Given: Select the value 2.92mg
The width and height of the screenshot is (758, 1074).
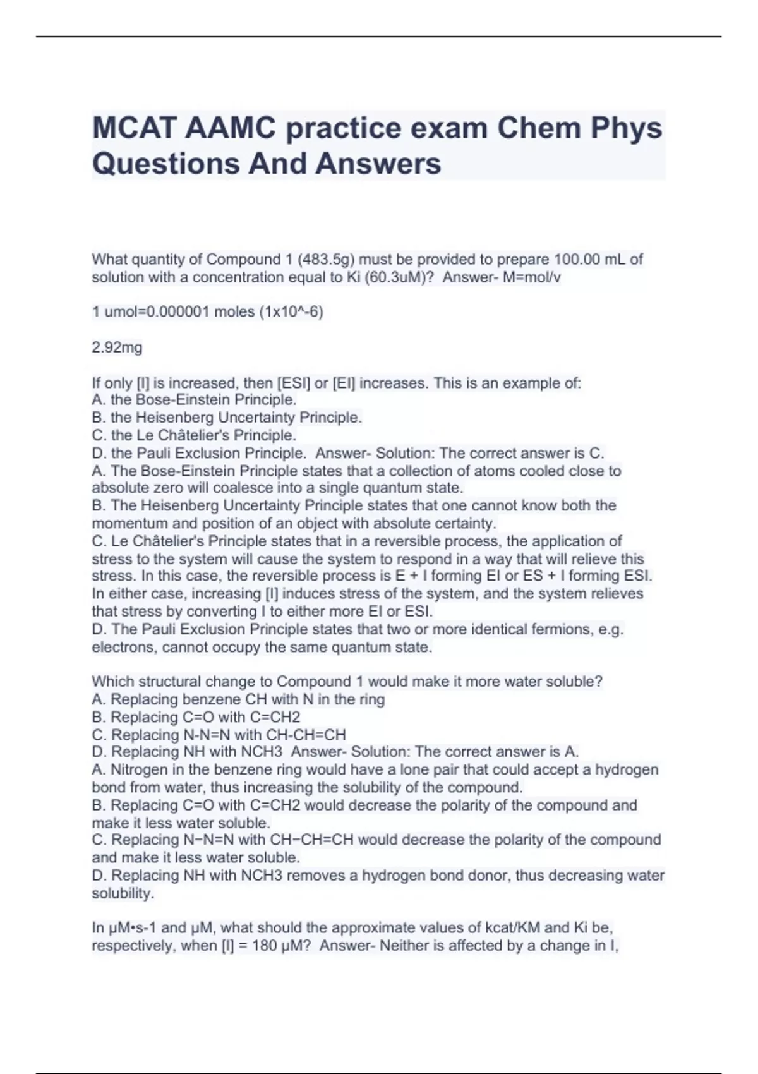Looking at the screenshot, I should [117, 347].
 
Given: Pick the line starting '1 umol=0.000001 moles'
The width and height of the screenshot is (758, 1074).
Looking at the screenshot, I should [207, 312].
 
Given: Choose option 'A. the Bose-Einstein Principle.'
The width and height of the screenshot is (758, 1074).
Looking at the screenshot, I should [194, 400].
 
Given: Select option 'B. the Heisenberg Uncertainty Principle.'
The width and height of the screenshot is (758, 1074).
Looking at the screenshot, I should [227, 418].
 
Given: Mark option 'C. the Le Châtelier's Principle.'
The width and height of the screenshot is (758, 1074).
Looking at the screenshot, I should [194, 435].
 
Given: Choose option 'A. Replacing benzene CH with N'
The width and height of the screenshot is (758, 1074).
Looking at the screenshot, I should [238, 699].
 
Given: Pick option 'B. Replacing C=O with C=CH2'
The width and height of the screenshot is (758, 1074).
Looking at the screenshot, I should [196, 717].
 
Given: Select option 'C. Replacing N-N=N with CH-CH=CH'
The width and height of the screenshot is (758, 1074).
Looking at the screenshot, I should [219, 735].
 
